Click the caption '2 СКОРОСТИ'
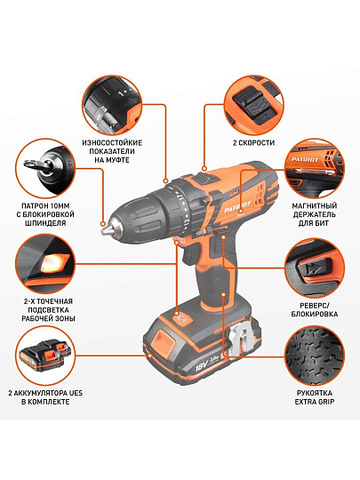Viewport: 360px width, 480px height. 253,142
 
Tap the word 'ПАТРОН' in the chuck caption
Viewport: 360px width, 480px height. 34,205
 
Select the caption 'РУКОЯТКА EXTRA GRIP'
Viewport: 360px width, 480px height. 315,397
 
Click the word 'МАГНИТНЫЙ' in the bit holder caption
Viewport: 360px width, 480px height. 314,205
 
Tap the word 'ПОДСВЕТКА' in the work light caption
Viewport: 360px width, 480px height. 45,310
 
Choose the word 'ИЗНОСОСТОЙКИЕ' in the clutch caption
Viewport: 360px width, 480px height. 112,142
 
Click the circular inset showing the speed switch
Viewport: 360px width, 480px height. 253,105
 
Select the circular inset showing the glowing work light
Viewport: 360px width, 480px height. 45,264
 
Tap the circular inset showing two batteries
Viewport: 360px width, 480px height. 45,356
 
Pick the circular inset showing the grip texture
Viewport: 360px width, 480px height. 315,356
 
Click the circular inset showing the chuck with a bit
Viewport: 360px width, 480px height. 45,169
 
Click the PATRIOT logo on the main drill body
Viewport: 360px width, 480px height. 237,206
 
